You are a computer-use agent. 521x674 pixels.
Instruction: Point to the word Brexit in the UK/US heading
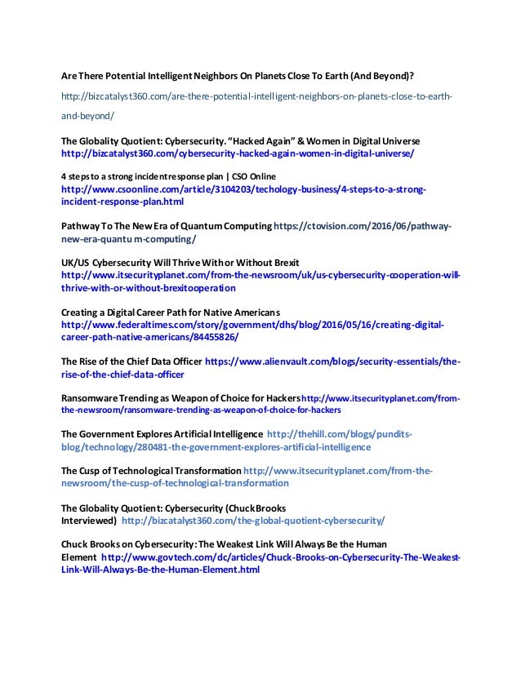283,263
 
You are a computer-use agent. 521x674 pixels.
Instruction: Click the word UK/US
76,263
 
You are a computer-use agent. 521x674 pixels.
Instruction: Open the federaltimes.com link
253,326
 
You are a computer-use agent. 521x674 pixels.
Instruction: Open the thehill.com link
339,434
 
